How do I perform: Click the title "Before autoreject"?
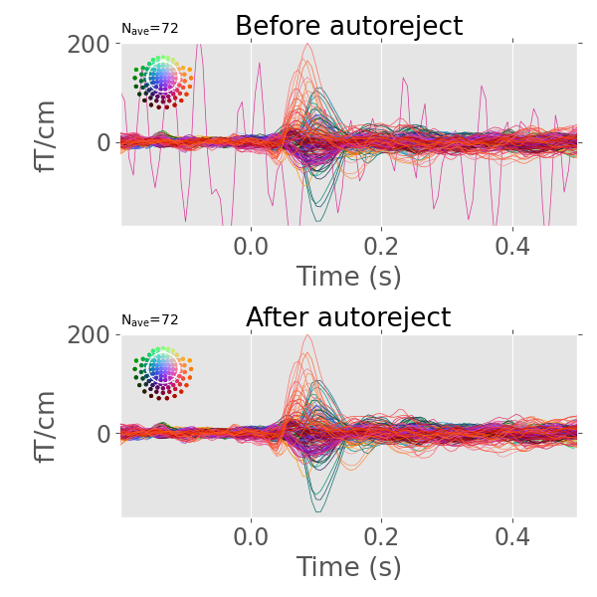point(348,27)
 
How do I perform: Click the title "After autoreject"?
point(348,317)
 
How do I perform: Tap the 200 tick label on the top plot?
point(90,44)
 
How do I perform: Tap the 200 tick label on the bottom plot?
point(90,334)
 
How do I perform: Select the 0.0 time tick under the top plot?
point(251,245)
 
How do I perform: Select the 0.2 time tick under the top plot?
point(382,245)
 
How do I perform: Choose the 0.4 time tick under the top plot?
point(512,245)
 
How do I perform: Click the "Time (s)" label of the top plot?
point(348,276)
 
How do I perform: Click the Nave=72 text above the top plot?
point(149,29)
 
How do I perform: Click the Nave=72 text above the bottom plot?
point(149,319)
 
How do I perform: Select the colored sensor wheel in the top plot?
point(162,80)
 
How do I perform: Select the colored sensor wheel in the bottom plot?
point(162,371)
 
